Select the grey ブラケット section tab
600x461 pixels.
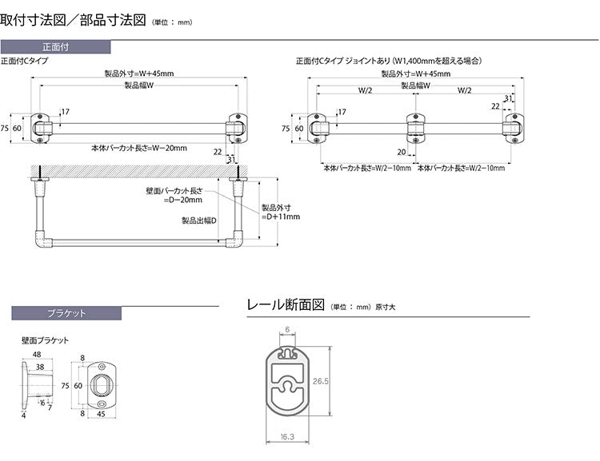[x=66, y=313]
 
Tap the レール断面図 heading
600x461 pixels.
[x=285, y=304]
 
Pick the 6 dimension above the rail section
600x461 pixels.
[x=286, y=330]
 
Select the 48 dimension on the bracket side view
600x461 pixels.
[x=37, y=354]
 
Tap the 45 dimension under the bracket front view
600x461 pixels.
[x=101, y=414]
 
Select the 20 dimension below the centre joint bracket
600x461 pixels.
[x=401, y=152]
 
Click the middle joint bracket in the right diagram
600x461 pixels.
[x=414, y=128]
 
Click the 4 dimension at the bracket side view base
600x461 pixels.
[x=24, y=415]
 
